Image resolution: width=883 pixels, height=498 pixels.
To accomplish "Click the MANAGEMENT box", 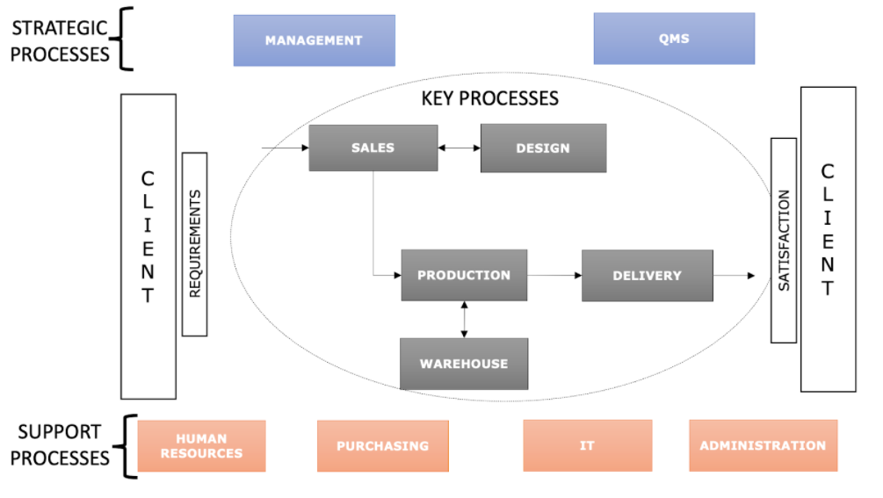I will (314, 40).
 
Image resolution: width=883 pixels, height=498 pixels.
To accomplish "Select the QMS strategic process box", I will (674, 39).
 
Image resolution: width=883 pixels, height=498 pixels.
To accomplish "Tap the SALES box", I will (373, 148).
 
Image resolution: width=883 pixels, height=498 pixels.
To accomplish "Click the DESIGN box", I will (543, 148).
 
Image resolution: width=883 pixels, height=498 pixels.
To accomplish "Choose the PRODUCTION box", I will (464, 275).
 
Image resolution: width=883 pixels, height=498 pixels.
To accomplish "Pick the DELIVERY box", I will (647, 276).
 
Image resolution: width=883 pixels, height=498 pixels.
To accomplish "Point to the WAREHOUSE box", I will (464, 364).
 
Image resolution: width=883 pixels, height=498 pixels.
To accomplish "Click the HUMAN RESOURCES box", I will (201, 446).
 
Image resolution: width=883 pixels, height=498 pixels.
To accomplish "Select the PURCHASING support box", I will (382, 446).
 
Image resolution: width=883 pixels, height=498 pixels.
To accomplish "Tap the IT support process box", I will (587, 446).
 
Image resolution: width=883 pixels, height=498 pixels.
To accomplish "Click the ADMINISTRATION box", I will (763, 446).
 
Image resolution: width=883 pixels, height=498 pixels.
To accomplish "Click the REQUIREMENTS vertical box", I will (194, 244).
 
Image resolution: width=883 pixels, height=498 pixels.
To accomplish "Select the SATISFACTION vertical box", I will (784, 240).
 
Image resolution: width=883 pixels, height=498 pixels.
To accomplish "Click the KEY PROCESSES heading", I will (489, 98).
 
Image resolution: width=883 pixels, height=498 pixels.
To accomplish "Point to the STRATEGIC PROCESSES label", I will (60, 40).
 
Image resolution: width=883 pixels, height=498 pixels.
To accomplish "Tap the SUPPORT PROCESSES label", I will (60, 444).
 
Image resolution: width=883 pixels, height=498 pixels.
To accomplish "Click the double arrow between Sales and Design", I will (459, 148).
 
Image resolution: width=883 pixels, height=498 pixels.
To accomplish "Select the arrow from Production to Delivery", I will (554, 276).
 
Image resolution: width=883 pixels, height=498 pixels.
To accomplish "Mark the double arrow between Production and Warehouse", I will (464, 320).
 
